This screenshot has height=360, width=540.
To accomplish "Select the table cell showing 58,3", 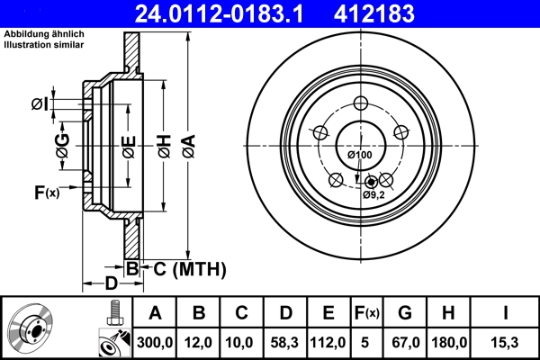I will (x=285, y=342).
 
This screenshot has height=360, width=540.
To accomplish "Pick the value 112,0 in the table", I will (x=328, y=342).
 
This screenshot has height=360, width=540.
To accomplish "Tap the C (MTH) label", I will (x=184, y=268).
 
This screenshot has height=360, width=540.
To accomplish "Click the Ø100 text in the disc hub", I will (x=359, y=155).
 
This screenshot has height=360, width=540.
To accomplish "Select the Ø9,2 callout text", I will (x=373, y=194).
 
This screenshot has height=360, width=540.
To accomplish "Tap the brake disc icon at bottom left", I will (x=31, y=328).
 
